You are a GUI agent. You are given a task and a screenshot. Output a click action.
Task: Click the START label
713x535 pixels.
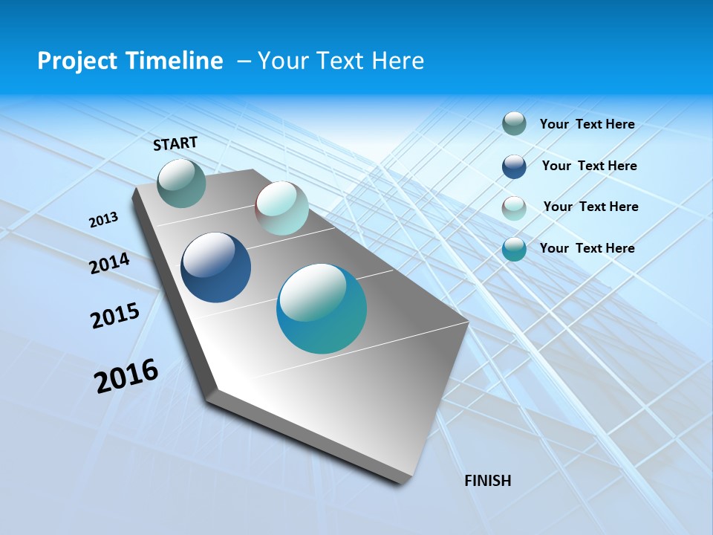[175, 143]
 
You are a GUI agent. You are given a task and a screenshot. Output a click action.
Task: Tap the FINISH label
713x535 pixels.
[487, 481]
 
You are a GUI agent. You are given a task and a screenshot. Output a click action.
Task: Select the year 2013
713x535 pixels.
[103, 220]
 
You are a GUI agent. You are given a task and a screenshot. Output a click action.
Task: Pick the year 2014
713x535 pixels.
[109, 264]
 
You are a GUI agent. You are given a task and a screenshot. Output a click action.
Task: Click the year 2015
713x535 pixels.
[115, 316]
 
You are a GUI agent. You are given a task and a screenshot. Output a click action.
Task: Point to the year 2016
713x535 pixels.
[126, 376]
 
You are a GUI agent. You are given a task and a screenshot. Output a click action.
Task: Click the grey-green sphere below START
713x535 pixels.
[182, 183]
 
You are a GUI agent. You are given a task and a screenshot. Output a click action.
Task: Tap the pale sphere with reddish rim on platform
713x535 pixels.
[281, 208]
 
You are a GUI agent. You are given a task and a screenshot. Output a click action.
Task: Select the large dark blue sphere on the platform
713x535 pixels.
[215, 267]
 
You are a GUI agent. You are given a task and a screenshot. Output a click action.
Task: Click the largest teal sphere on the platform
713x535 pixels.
[322, 308]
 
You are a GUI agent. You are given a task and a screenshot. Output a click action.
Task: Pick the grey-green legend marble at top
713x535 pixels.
[514, 123]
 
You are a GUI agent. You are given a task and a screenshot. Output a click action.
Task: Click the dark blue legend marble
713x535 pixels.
[514, 166]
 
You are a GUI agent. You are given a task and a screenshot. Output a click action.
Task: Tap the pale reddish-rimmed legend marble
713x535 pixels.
[514, 208]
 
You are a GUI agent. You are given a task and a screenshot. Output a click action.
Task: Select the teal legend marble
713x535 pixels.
[514, 249]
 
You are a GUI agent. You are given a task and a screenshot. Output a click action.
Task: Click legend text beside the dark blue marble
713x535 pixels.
[589, 166]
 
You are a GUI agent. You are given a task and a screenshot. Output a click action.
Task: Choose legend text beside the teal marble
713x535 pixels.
[587, 248]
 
